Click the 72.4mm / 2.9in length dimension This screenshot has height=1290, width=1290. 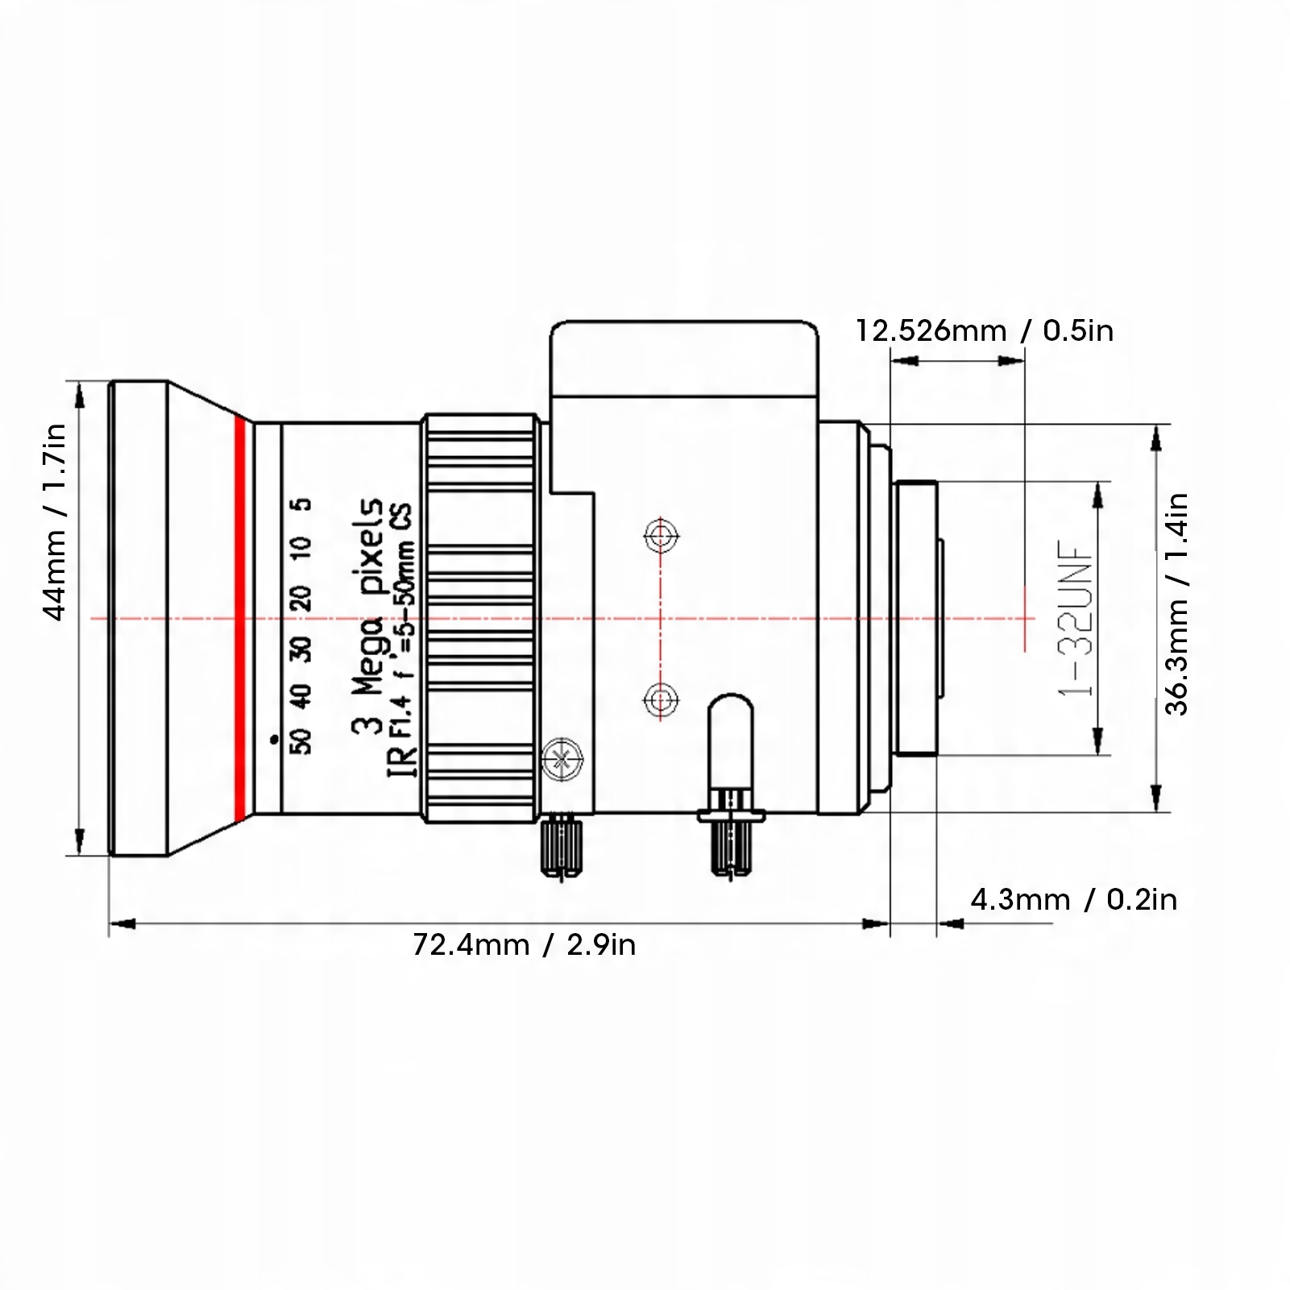(524, 944)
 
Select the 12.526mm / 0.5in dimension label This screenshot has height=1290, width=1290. (984, 330)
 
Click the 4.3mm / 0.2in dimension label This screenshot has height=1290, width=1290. (1073, 899)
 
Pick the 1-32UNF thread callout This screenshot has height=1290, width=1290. (1078, 619)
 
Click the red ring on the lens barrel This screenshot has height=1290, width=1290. (239, 619)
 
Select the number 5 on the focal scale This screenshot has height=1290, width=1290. (303, 505)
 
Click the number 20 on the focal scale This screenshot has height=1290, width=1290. (303, 599)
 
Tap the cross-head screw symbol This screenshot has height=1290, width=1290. (562, 758)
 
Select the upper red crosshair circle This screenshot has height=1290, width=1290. (661, 535)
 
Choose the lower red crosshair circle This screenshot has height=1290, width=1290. (661, 699)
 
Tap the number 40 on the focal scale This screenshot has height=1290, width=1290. (303, 695)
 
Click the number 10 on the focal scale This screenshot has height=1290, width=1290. (303, 550)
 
